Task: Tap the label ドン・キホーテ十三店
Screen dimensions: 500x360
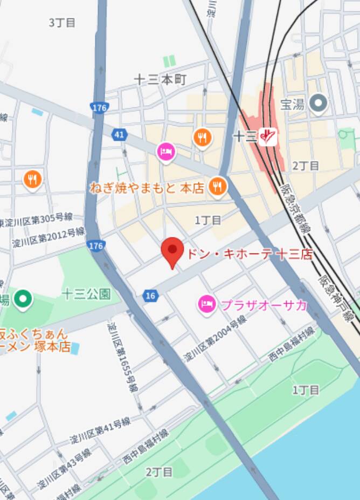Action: (249, 254)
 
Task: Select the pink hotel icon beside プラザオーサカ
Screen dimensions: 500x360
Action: (206, 304)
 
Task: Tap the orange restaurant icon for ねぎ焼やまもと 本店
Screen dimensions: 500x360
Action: (218, 187)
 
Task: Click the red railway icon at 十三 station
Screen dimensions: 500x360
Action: (267, 137)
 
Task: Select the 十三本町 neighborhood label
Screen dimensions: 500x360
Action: (160, 80)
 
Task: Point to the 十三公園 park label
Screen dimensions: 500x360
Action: (86, 294)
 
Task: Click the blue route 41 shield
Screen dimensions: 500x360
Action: (119, 133)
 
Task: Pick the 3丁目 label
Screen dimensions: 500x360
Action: (62, 23)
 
